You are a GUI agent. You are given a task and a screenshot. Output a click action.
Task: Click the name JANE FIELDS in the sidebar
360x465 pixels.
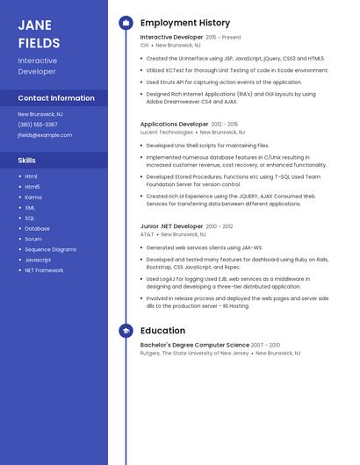point(40,33)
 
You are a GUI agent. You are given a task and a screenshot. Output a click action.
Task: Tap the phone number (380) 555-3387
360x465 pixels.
point(38,125)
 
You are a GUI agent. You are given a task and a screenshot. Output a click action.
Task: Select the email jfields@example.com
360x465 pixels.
point(45,135)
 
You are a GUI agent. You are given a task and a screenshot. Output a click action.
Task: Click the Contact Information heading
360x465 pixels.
point(56,98)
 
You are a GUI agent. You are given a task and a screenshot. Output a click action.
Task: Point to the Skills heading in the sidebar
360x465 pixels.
point(27,161)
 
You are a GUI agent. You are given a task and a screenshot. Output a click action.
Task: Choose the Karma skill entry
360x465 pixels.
point(32,197)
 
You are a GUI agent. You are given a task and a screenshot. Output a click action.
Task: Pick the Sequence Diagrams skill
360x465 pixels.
point(50,249)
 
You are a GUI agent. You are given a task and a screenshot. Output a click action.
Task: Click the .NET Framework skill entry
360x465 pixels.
point(44,270)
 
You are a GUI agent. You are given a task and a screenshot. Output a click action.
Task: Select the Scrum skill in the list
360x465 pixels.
point(33,239)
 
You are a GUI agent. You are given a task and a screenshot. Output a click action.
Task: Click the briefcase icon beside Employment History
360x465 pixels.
point(126,23)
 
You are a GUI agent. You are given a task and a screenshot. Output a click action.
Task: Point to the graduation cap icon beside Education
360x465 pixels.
point(126,331)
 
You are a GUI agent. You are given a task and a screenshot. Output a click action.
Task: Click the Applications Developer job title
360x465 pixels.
point(175,125)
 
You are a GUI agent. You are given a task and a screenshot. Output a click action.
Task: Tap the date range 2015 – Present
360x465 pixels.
point(223,38)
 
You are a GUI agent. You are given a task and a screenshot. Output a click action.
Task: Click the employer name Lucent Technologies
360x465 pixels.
point(166,132)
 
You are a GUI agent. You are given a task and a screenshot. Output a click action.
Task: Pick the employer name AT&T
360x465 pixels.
point(147,234)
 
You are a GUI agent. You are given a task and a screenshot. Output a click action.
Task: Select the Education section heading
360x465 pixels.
point(162,331)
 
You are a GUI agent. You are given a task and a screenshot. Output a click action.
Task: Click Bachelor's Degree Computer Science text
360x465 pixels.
point(195,345)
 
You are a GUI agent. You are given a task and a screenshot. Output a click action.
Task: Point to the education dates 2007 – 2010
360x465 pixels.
point(266,345)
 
